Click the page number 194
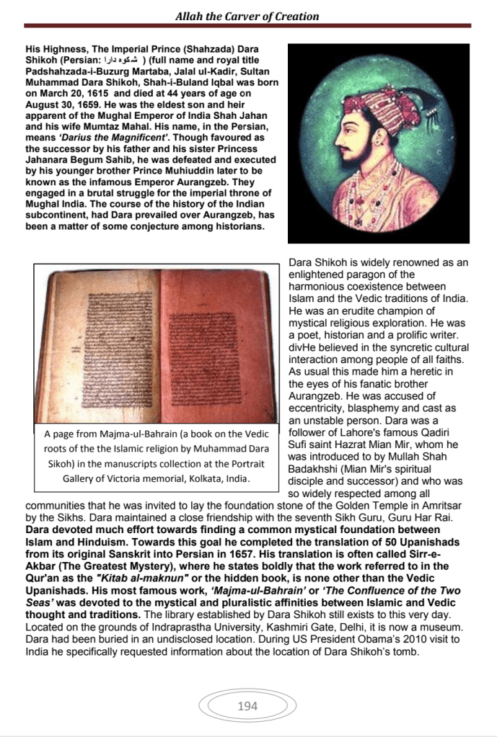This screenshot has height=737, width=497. click(247, 706)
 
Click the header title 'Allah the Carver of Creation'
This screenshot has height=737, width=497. click(247, 16)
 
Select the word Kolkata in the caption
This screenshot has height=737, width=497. click(177, 478)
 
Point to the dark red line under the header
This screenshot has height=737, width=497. click(247, 26)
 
